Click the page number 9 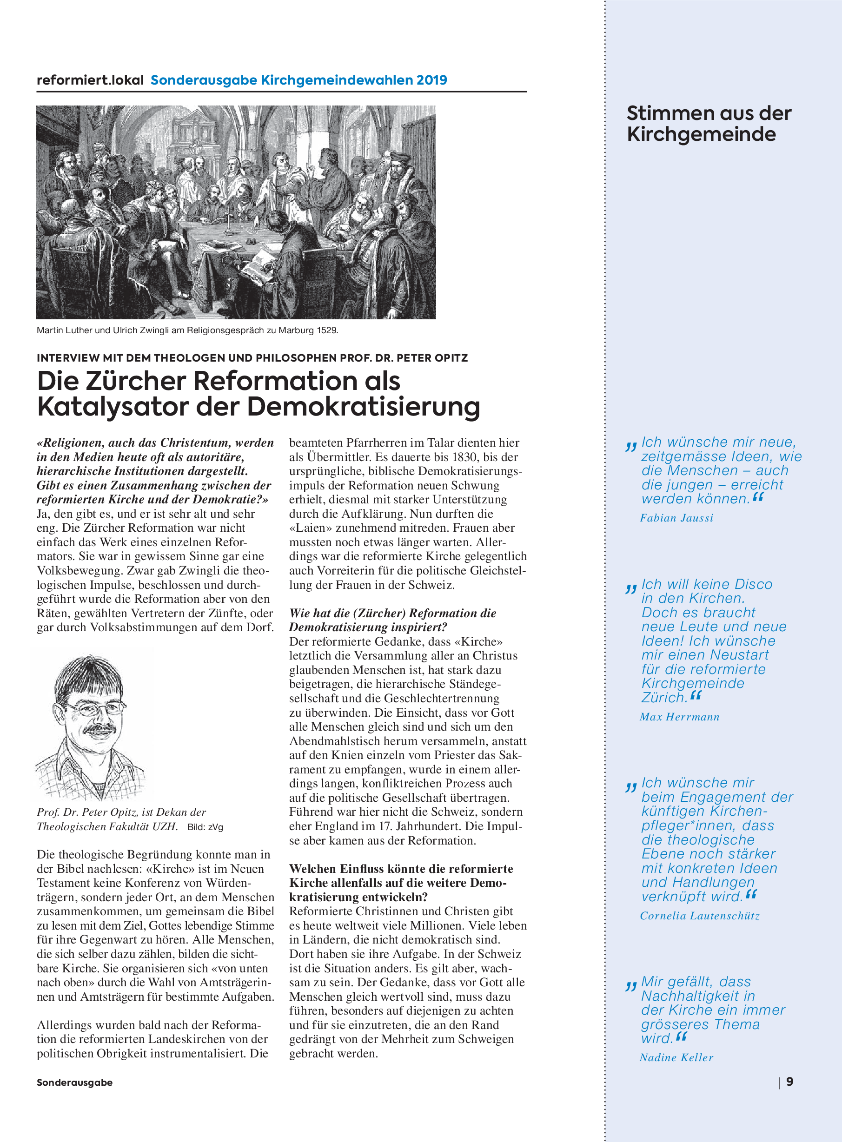coord(789,1082)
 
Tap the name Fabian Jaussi coord(676,518)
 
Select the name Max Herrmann coord(679,717)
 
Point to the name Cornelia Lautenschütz coord(700,916)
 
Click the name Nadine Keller coord(676,1057)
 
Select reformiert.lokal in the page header coord(90,80)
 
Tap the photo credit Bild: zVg coord(205,827)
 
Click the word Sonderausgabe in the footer coord(74,1083)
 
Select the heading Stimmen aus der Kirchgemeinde coord(709,123)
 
